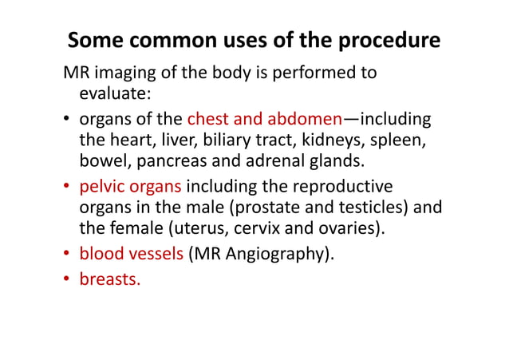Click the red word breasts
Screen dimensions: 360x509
click(108, 280)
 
